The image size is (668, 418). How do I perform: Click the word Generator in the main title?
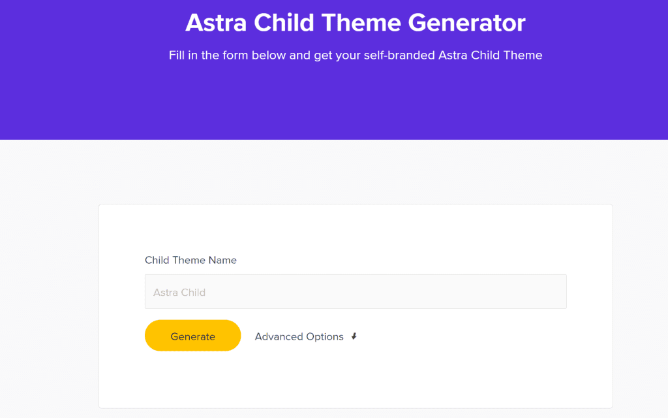[x=466, y=23]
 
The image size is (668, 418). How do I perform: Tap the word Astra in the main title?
[x=216, y=23]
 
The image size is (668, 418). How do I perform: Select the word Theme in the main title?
[x=361, y=23]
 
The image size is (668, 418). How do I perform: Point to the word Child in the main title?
[x=284, y=23]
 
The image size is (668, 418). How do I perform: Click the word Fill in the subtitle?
[x=176, y=56]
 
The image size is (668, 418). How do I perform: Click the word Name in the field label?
[x=222, y=260]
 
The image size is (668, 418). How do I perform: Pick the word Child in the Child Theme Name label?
[x=157, y=260]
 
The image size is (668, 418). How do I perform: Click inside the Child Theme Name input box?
[x=356, y=292]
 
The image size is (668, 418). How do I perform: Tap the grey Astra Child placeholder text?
[x=179, y=293]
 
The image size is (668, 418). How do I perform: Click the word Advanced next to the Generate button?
[x=279, y=336]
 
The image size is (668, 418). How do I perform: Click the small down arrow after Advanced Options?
[x=354, y=336]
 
